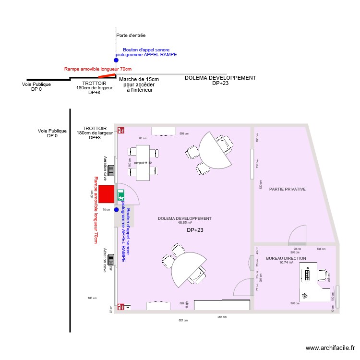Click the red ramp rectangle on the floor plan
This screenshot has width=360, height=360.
pyautogui.click(x=107, y=192)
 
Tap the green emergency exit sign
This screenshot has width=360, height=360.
pyautogui.click(x=120, y=195)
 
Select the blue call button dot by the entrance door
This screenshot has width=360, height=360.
pyautogui.click(x=116, y=209)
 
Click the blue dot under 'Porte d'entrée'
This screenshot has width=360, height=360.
pyautogui.click(x=116, y=60)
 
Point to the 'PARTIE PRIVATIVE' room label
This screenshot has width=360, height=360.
pyautogui.click(x=287, y=189)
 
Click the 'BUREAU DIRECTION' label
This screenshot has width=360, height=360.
pyautogui.click(x=286, y=258)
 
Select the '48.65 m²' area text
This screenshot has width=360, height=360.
pyautogui.click(x=184, y=223)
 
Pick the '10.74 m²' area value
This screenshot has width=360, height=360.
pyautogui.click(x=286, y=263)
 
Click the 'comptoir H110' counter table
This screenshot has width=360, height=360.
pyautogui.click(x=143, y=163)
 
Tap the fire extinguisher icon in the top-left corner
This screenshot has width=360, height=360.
pyautogui.click(x=122, y=130)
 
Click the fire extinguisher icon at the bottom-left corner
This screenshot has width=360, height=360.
pyautogui.click(x=122, y=306)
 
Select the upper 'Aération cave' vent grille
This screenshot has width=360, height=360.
pyautogui.click(x=111, y=170)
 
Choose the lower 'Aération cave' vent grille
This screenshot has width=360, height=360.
pyautogui.click(x=111, y=260)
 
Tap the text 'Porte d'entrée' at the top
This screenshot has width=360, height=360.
pyautogui.click(x=131, y=36)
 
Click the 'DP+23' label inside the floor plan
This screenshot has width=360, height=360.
pyautogui.click(x=195, y=230)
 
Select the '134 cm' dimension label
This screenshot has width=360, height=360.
pyautogui.click(x=321, y=249)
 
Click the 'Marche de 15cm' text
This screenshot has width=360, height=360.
pyautogui.click(x=139, y=79)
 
